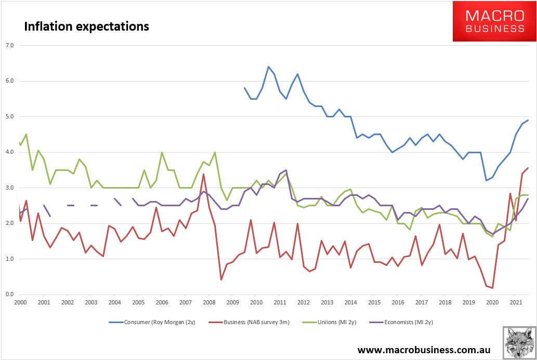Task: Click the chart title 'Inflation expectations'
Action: (86, 26)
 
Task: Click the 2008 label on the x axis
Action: (208, 302)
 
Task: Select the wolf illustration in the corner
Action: (519, 342)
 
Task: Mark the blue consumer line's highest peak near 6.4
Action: (268, 66)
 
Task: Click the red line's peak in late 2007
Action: (203, 174)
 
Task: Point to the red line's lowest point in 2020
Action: (492, 288)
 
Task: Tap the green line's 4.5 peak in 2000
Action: (26, 135)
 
